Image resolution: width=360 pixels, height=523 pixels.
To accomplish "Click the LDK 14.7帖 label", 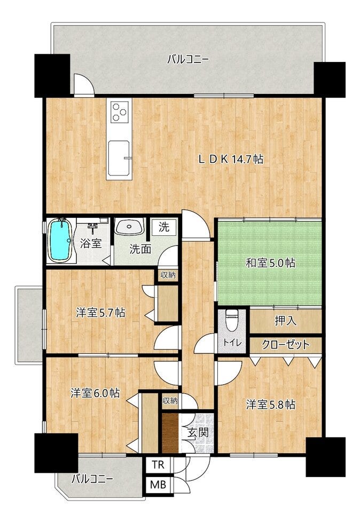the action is [x=231, y=159].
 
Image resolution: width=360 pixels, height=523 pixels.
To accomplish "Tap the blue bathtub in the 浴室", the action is [x=60, y=240].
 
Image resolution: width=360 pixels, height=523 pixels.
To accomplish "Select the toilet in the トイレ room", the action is [x=231, y=320].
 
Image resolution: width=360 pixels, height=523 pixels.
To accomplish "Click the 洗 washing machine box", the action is [x=164, y=227].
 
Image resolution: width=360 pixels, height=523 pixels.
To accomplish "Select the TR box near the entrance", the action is [x=158, y=465].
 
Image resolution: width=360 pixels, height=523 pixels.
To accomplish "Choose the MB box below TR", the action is [x=158, y=485].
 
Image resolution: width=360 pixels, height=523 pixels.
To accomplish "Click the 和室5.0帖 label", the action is [x=270, y=263].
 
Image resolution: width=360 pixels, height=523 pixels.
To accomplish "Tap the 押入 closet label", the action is [x=285, y=321].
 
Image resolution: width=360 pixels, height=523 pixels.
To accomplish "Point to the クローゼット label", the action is [x=286, y=344].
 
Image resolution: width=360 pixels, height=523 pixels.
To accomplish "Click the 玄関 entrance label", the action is [x=198, y=433].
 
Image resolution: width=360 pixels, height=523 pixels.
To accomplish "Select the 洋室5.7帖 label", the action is [x=100, y=313].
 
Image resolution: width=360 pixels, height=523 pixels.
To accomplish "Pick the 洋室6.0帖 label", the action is [x=95, y=393].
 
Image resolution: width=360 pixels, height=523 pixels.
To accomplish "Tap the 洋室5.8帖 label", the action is [x=270, y=405].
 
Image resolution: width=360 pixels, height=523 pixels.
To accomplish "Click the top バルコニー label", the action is [x=188, y=60].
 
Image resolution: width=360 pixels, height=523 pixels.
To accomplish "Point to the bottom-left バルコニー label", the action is [x=92, y=479].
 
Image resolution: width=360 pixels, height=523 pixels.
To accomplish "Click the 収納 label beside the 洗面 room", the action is [x=168, y=275].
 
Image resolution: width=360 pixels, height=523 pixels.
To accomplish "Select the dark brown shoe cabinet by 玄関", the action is [x=170, y=433].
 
